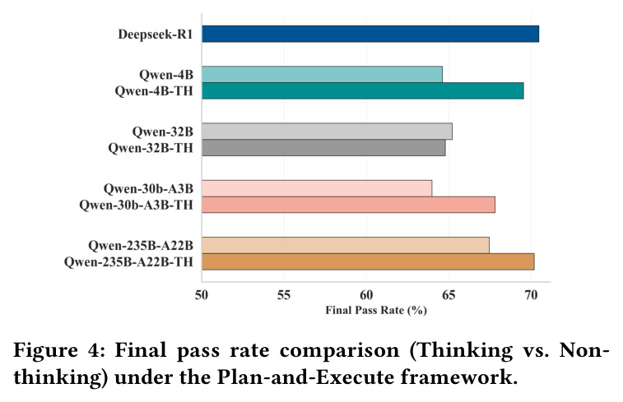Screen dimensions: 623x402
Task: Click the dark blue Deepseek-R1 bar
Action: coord(370,34)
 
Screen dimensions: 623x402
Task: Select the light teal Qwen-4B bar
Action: coord(323,75)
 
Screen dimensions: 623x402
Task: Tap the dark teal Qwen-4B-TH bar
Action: coord(363,91)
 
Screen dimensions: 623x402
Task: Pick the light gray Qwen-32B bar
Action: coord(327,132)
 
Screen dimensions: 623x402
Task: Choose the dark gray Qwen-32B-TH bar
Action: coord(323,148)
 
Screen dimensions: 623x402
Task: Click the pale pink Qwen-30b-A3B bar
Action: coord(317,188)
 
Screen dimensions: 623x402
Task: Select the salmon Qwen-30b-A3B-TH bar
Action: coord(348,205)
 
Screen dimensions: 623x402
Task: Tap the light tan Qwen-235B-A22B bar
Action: coord(346,245)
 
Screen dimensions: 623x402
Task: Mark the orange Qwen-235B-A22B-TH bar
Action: coord(368,262)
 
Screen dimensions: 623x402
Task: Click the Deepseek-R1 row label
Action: coord(156,35)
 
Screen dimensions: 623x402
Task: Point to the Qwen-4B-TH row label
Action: coord(154,91)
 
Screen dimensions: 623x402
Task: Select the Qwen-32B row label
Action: coord(162,132)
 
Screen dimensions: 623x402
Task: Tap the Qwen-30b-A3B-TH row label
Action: coord(136,206)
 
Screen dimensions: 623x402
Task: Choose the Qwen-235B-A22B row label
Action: coord(141,246)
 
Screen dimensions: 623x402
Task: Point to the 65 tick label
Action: coord(449,295)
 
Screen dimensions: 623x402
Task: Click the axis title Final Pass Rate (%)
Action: coord(376,310)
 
